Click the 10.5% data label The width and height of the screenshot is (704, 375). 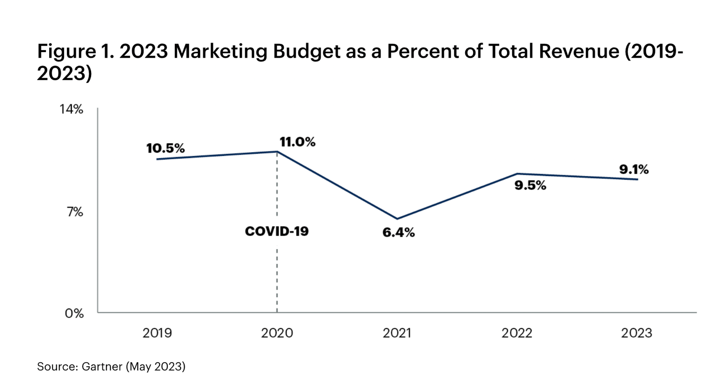pyautogui.click(x=165, y=148)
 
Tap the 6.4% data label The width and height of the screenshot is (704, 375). pyautogui.click(x=398, y=232)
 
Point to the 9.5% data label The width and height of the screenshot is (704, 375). pyautogui.click(x=530, y=186)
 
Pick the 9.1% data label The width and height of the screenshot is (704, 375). pyautogui.click(x=634, y=170)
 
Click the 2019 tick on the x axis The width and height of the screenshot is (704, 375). pyautogui.click(x=157, y=333)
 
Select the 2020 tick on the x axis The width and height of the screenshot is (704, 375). pyautogui.click(x=277, y=333)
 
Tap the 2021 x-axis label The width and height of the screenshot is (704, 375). pyautogui.click(x=397, y=333)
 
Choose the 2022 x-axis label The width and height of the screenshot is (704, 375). pyautogui.click(x=517, y=333)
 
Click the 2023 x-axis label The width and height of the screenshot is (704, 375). pyautogui.click(x=637, y=333)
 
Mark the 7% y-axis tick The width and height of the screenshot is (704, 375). pyautogui.click(x=75, y=212)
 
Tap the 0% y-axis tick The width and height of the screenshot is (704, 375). pyautogui.click(x=74, y=313)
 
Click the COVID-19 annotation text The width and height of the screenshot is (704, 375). pyautogui.click(x=277, y=231)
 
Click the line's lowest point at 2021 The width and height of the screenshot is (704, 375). pyautogui.click(x=397, y=219)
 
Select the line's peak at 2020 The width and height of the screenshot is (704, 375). pyautogui.click(x=277, y=152)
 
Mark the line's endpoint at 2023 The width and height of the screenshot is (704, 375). pyautogui.click(x=638, y=179)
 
